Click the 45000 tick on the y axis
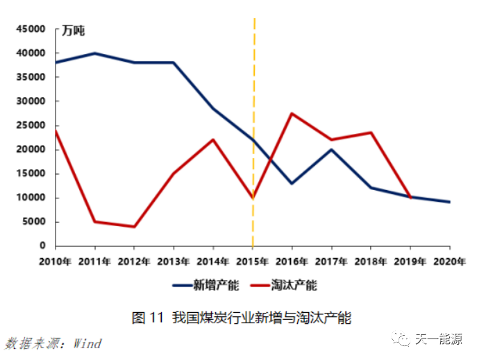click(x=30, y=29)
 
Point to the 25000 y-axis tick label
click(x=30, y=126)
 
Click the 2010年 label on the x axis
click(x=56, y=261)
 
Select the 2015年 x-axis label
click(x=253, y=261)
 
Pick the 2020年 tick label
click(x=449, y=261)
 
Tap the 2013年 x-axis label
click(x=174, y=261)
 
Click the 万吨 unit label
click(x=74, y=31)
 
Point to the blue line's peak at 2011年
click(x=94, y=53)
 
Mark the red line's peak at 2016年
click(x=292, y=113)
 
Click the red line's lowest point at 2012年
click(x=134, y=227)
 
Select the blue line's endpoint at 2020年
click(x=449, y=202)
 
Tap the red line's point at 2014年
click(x=213, y=139)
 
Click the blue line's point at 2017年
click(x=331, y=149)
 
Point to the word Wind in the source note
click(x=87, y=343)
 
